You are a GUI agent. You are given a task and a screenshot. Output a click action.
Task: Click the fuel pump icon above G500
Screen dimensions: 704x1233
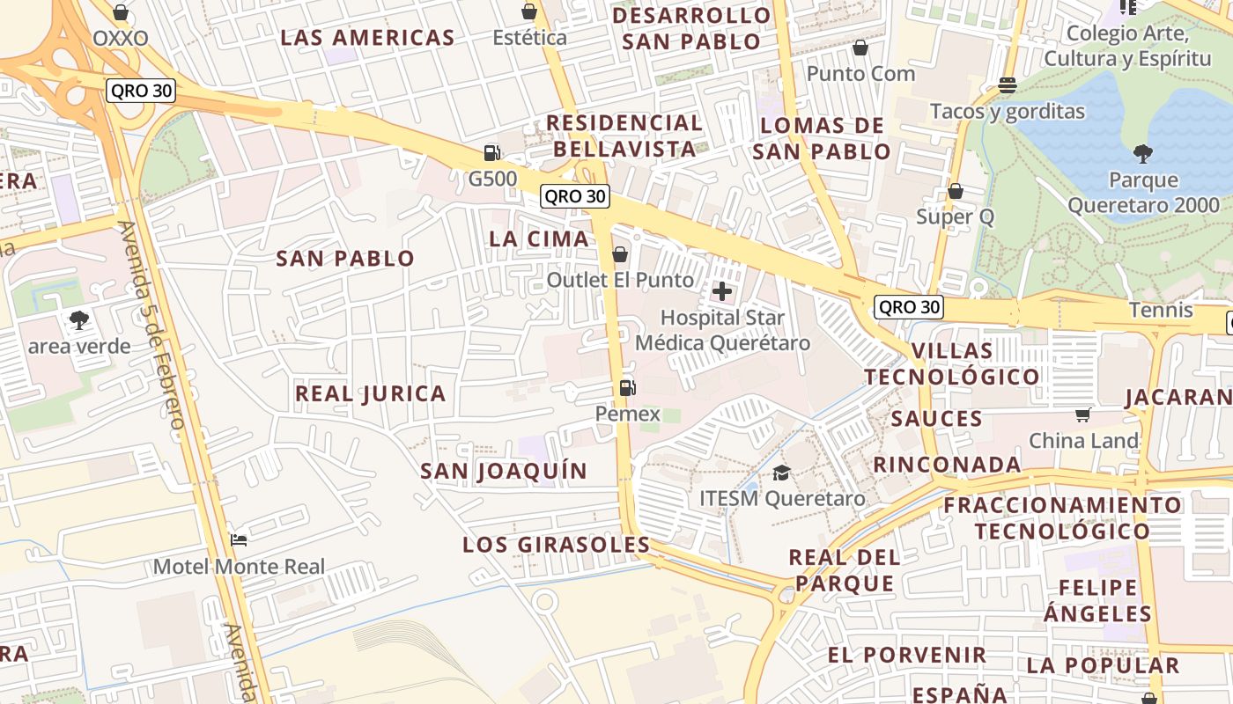pyautogui.click(x=491, y=153)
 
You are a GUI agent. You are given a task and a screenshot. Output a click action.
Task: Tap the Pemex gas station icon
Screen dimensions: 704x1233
pyautogui.click(x=627, y=387)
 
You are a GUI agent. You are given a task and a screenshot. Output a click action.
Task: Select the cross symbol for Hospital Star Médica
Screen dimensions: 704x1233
pyautogui.click(x=722, y=290)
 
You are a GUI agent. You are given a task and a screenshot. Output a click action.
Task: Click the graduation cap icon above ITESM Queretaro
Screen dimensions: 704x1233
pyautogui.click(x=781, y=473)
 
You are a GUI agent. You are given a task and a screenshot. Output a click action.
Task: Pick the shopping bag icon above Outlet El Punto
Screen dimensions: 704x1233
pyautogui.click(x=620, y=254)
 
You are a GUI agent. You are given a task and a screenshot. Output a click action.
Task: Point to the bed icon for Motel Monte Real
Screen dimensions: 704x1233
pyautogui.click(x=239, y=539)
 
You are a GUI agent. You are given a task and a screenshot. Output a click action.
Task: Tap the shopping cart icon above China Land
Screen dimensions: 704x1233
pyautogui.click(x=1083, y=414)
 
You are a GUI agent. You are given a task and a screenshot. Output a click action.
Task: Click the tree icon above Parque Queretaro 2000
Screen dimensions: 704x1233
pyautogui.click(x=1143, y=154)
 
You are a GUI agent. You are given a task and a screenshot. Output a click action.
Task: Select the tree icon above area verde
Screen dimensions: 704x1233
pyautogui.click(x=79, y=319)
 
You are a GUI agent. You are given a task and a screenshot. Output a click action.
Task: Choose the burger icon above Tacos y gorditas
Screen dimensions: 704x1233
pyautogui.click(x=1008, y=85)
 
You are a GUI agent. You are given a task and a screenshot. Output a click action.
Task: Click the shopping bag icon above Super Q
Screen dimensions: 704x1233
pyautogui.click(x=956, y=191)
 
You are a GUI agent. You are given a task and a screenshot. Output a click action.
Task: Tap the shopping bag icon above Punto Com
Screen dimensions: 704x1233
pyautogui.click(x=860, y=48)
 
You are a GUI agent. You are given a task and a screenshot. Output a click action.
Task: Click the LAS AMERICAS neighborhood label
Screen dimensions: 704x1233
pyautogui.click(x=367, y=38)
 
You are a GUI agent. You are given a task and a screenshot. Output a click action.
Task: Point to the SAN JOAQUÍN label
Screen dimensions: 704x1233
pyautogui.click(x=504, y=471)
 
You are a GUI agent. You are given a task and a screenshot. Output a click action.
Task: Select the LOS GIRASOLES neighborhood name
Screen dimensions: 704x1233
pyautogui.click(x=557, y=545)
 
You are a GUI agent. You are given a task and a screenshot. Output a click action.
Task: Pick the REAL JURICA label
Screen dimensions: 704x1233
pyautogui.click(x=371, y=393)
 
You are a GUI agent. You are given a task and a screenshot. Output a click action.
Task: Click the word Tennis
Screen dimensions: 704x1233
pyautogui.click(x=1162, y=310)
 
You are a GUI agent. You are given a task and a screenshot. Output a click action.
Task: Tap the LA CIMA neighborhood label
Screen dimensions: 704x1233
pyautogui.click(x=539, y=238)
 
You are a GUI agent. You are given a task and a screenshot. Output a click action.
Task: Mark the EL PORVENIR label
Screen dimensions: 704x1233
pyautogui.click(x=907, y=655)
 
